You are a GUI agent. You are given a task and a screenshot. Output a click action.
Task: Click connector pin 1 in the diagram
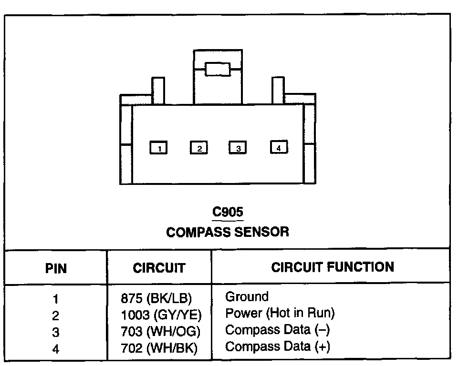click(158, 148)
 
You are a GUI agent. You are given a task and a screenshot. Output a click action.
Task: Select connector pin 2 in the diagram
click(198, 148)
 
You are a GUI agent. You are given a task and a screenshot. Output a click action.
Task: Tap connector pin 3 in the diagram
click(238, 148)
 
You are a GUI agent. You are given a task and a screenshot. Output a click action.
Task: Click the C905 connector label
click(228, 212)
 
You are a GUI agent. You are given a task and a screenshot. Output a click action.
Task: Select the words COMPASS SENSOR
click(228, 232)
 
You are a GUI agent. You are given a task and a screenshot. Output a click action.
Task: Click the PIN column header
click(56, 268)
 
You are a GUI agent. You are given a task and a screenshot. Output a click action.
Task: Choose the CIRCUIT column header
click(159, 268)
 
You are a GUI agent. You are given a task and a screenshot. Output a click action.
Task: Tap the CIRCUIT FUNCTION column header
click(333, 267)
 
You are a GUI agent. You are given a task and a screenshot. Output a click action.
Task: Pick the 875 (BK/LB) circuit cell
click(156, 298)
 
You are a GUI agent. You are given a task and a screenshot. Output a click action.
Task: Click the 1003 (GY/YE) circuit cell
click(161, 315)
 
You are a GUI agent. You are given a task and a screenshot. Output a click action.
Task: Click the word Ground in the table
click(247, 297)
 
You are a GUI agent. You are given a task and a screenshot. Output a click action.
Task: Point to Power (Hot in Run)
click(280, 313)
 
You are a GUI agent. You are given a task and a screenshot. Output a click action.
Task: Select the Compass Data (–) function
click(277, 330)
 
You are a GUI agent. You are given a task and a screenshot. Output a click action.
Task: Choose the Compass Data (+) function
click(277, 346)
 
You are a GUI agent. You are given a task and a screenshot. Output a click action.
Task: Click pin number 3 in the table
click(56, 332)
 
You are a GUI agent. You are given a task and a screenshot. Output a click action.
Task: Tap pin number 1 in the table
click(56, 299)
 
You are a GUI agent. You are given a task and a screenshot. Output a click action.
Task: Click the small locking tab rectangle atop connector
click(218, 69)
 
